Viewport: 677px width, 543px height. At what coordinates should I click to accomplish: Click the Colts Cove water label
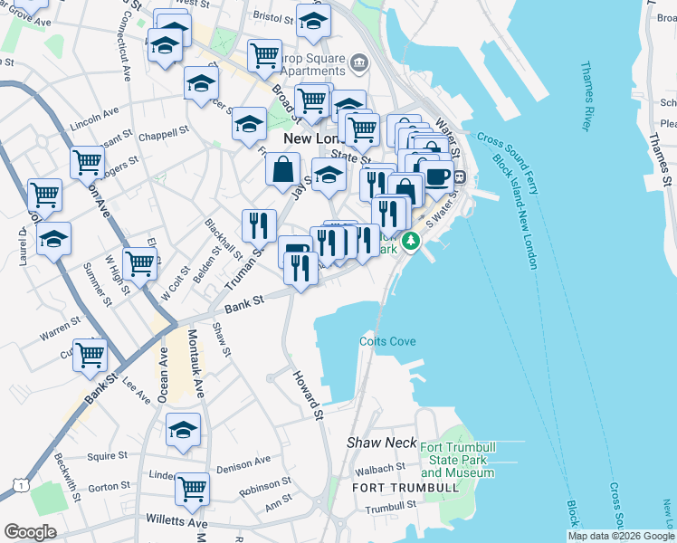(x=387, y=341)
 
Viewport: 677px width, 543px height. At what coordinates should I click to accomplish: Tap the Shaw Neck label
(x=382, y=443)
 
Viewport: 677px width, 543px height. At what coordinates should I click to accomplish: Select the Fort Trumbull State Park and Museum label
(x=457, y=461)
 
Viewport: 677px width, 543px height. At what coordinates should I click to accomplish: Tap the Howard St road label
(x=307, y=395)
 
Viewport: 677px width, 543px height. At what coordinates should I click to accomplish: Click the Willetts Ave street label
(x=176, y=522)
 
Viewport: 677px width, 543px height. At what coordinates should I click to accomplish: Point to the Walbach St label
(x=380, y=468)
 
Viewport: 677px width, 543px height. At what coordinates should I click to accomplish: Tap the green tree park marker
(x=412, y=241)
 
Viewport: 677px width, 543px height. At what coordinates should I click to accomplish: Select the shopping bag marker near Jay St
(x=282, y=167)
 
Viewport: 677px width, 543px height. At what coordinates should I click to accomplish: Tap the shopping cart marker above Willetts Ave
(x=192, y=489)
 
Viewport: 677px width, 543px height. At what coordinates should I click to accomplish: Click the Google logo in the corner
(x=30, y=531)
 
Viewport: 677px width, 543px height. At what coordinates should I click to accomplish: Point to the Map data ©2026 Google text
(x=620, y=536)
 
